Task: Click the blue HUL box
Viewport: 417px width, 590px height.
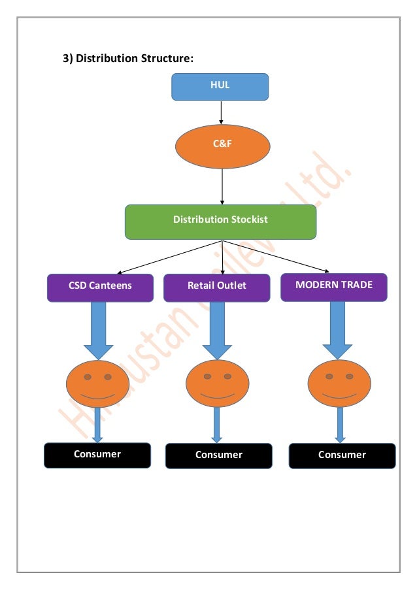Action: coord(220,86)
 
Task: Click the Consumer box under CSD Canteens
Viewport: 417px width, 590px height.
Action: coord(97,455)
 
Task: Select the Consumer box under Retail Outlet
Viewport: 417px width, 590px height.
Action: coord(218,455)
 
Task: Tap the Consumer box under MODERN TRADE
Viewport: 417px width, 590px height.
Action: coord(341,455)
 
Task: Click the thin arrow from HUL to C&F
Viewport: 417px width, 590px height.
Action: coord(222,112)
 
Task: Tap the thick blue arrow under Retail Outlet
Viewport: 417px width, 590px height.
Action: coord(217,330)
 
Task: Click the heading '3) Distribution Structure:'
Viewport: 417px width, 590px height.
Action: coord(128,59)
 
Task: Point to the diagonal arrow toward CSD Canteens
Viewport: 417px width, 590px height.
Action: coord(170,257)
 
